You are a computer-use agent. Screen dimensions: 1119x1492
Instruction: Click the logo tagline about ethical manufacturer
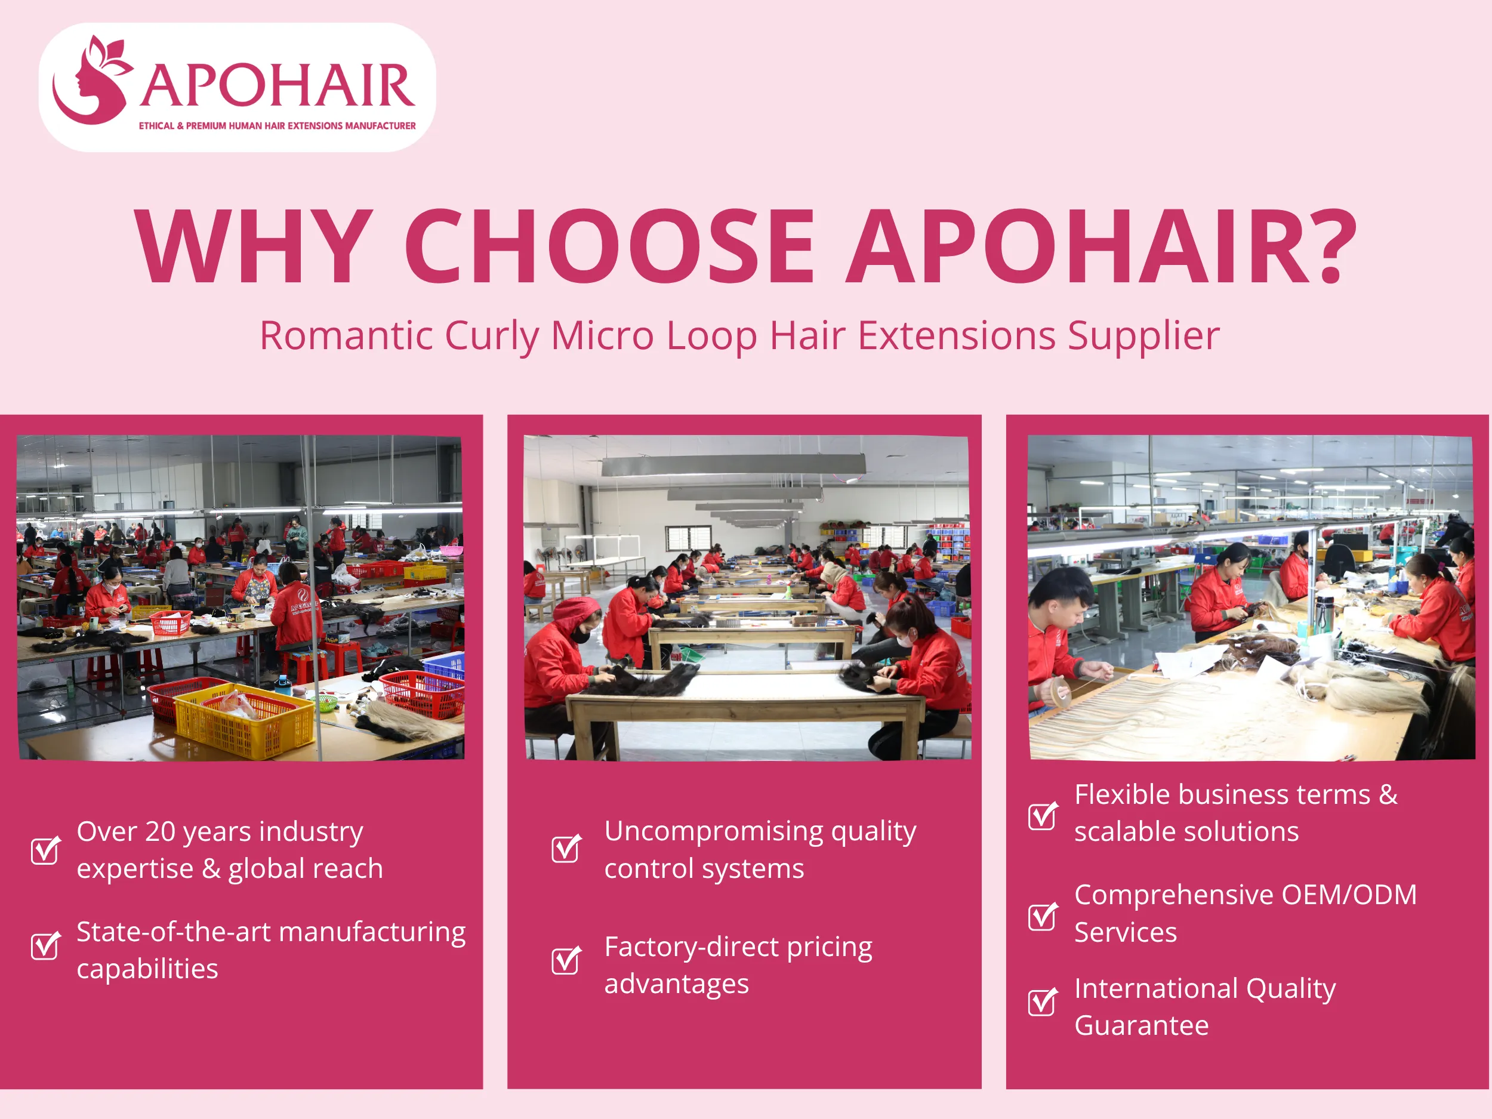(276, 126)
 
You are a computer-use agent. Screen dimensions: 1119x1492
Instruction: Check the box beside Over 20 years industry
(45, 850)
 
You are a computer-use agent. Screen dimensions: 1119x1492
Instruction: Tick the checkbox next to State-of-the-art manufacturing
(45, 946)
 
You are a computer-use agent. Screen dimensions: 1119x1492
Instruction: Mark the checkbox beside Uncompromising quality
(565, 849)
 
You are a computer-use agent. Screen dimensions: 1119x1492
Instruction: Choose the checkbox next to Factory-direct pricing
(565, 960)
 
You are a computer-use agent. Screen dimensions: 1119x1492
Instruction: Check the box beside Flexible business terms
(1042, 816)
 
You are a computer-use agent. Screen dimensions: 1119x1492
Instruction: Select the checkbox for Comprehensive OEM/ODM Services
(1042, 916)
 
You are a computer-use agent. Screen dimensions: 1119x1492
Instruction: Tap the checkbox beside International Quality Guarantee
(1042, 1001)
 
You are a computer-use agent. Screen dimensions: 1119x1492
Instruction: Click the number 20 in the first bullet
(161, 832)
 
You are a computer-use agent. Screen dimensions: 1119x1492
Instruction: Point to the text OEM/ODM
(1348, 895)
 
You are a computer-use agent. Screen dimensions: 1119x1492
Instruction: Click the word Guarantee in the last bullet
(1141, 1026)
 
